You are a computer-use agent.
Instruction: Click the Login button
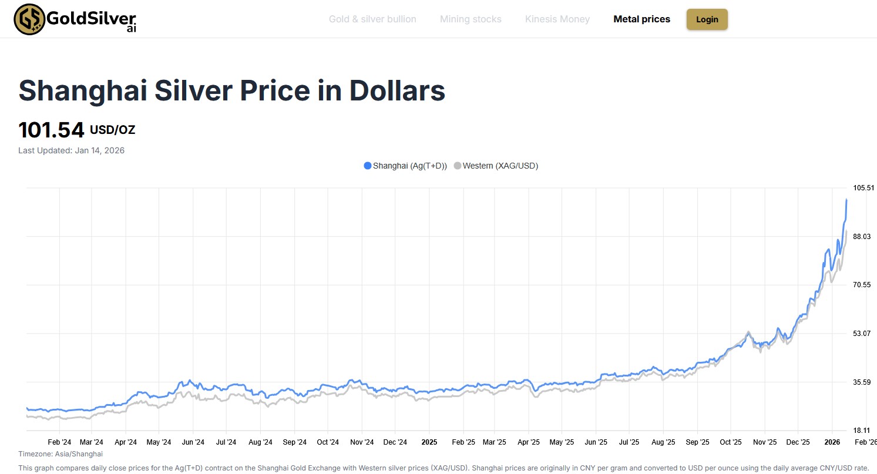coord(707,19)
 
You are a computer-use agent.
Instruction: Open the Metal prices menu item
coord(641,19)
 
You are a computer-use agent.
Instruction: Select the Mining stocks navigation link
coord(471,19)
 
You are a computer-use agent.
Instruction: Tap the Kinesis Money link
coord(557,19)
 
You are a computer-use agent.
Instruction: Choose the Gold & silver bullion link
coord(372,19)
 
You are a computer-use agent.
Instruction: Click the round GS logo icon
coord(29,19)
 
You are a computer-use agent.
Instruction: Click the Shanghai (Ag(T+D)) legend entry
coord(405,166)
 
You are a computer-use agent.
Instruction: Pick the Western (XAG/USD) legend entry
coord(496,166)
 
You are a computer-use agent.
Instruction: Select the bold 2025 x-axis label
coord(429,442)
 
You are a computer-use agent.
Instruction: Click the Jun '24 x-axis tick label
coord(193,442)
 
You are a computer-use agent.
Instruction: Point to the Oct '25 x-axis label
coord(731,442)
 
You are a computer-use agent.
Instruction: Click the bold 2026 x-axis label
coord(832,442)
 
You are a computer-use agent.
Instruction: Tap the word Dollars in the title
coord(397,91)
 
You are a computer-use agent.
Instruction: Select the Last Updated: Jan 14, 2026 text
coord(71,150)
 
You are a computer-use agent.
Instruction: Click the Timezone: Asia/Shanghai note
coord(61,454)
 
